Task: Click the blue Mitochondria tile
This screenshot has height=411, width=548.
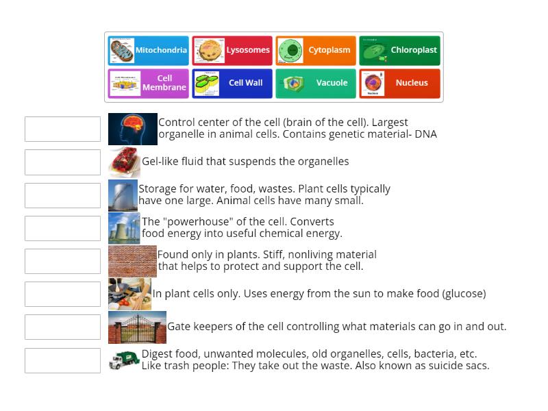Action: point(148,51)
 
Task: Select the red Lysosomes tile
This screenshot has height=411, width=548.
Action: point(232,51)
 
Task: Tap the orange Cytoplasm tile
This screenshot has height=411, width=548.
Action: point(316,51)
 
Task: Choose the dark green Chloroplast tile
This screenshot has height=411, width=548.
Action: point(399,51)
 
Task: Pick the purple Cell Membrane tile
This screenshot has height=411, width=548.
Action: point(148,84)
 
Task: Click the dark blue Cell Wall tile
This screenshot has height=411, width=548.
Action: point(232,84)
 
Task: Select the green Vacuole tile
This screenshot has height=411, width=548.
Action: point(316,84)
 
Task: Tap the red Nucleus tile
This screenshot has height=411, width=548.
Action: point(399,84)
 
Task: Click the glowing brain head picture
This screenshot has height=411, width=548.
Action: point(132,129)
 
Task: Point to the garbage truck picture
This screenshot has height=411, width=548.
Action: point(124,360)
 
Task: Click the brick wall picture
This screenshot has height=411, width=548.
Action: point(132,261)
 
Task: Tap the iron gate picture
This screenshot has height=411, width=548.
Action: point(137,327)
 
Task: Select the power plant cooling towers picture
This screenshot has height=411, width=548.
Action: point(124,228)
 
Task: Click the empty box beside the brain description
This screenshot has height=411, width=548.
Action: point(62,129)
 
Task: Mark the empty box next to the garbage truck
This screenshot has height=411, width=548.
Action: point(62,360)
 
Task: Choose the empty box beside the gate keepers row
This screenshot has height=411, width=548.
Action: point(62,327)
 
